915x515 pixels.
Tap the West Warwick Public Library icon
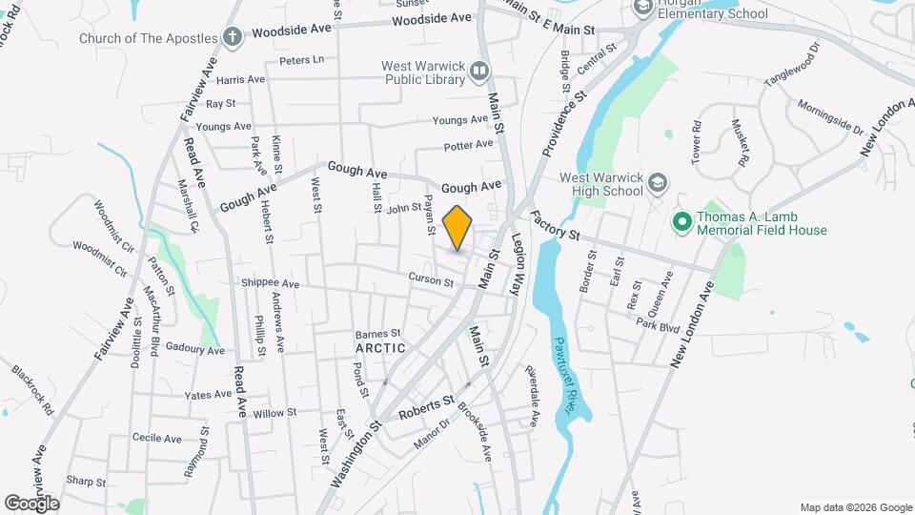[x=479, y=70]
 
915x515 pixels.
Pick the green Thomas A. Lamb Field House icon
[x=681, y=223]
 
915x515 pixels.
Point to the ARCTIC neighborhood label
[x=380, y=348]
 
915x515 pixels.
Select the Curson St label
[x=431, y=280]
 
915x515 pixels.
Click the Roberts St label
[x=424, y=409]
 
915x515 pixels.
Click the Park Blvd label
[x=658, y=327]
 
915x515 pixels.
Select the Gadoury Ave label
[x=193, y=350]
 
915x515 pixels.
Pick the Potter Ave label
[x=469, y=145]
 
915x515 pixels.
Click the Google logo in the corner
[x=31, y=503]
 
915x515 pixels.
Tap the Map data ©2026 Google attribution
[x=855, y=507]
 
